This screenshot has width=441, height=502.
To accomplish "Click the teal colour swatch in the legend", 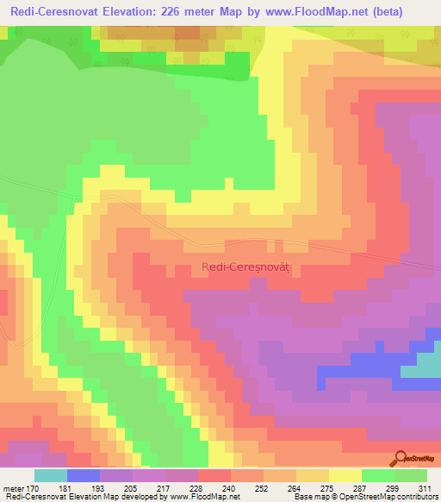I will pos(51,475).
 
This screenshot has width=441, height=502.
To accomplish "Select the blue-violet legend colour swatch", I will pos(84,475).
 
